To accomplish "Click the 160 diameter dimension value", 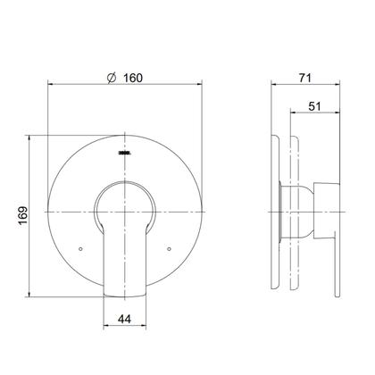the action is pos(133,78).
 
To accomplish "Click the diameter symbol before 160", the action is pos(112,78).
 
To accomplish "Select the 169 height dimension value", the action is pos(23,216).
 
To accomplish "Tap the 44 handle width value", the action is pos(124,319).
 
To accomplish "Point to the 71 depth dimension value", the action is pos(305,78).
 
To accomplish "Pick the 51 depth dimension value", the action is pos(315,106).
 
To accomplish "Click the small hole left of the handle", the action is pos(80,249).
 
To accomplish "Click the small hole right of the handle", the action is pos(169,249).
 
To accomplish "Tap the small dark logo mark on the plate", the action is pos(125,154).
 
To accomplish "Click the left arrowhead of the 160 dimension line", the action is pos(50,84).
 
